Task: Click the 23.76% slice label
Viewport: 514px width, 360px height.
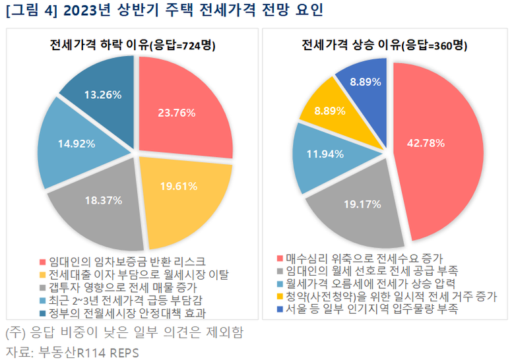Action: (177, 113)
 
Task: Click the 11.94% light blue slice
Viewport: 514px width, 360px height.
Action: (323, 156)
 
